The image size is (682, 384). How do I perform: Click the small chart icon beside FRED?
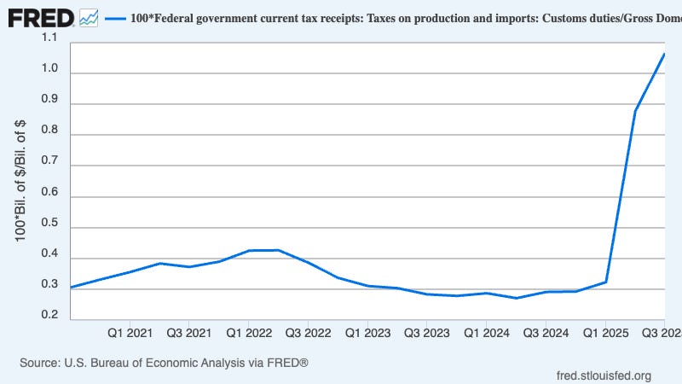tap(88, 17)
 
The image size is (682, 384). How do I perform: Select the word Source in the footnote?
tap(41, 363)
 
